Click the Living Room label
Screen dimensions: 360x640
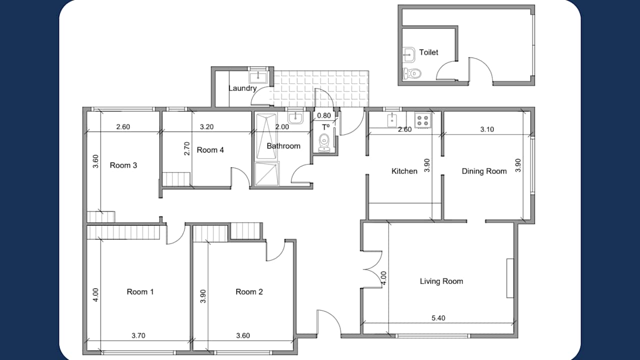pos(441,281)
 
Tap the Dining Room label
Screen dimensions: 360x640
pos(483,171)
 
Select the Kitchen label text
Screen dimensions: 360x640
pos(404,171)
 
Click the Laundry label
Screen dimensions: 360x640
pos(242,88)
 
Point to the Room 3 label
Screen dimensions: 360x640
pos(123,165)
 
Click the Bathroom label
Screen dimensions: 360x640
pos(283,146)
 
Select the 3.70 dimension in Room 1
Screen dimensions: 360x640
pos(138,335)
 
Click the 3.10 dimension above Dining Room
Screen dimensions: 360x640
pos(487,129)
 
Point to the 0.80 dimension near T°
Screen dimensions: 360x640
pos(324,116)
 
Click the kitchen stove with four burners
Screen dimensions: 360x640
pos(423,120)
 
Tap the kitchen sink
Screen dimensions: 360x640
pos(392,119)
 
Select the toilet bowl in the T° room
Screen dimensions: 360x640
pos(324,140)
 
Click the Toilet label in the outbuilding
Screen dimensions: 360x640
pos(428,52)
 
